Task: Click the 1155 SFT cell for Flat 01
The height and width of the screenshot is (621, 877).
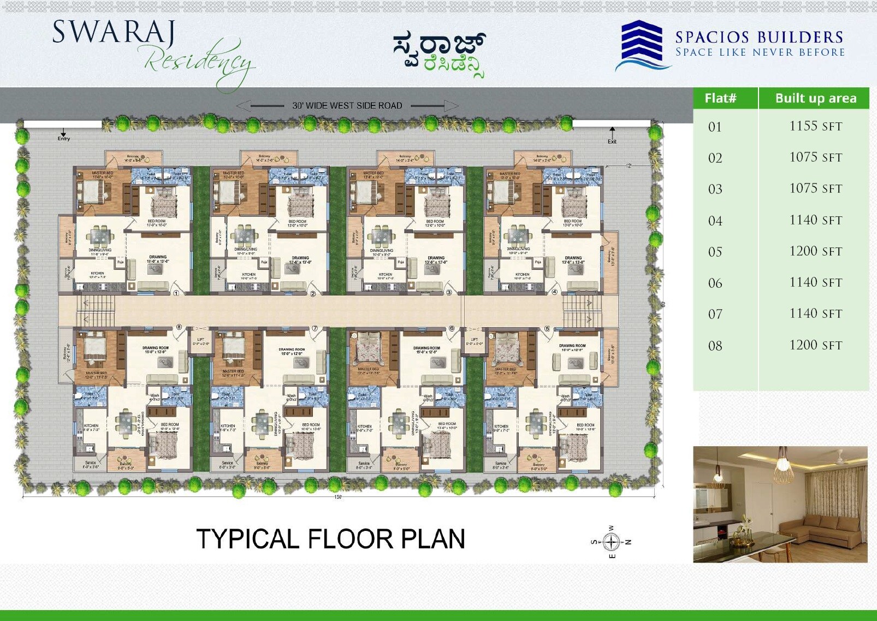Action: [815, 126]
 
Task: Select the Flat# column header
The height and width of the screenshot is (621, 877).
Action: [720, 98]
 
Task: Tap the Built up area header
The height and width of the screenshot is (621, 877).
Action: [815, 98]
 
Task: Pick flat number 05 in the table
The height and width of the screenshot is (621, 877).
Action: [715, 252]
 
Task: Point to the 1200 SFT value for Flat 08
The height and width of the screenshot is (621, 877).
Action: [815, 345]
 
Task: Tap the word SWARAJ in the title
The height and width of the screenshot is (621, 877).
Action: [114, 33]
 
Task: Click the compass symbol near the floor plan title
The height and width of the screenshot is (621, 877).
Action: [612, 542]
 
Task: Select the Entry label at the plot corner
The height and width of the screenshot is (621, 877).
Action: [64, 138]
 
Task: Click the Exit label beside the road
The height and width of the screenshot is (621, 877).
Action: [612, 141]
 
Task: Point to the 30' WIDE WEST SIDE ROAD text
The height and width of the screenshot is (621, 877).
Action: [347, 105]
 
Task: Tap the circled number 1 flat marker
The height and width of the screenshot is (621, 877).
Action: [176, 293]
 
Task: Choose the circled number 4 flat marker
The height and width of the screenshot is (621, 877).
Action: [555, 292]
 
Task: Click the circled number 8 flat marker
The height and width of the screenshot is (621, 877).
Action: [179, 327]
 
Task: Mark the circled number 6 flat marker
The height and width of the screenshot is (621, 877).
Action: [452, 328]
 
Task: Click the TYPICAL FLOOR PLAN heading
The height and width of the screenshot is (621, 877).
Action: [330, 539]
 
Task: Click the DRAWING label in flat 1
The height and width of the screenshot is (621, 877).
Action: [158, 257]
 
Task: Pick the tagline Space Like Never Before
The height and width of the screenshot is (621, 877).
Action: [760, 52]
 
